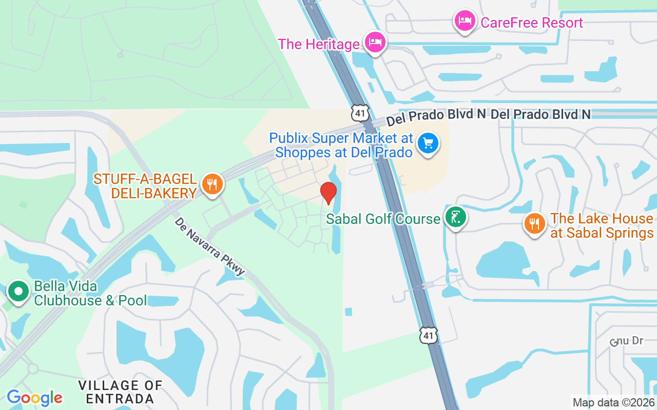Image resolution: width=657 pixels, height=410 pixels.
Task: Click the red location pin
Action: pyautogui.click(x=328, y=193)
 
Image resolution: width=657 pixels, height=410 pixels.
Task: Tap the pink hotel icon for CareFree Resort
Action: pyautogui.click(x=465, y=21)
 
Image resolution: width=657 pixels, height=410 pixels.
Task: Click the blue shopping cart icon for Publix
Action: pyautogui.click(x=428, y=143)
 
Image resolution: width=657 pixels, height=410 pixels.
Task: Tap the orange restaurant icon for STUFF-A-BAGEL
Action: pyautogui.click(x=211, y=183)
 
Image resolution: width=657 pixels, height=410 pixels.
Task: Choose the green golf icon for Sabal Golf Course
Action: pyautogui.click(x=455, y=217)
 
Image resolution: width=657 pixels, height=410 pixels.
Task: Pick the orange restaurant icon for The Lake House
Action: pyautogui.click(x=535, y=223)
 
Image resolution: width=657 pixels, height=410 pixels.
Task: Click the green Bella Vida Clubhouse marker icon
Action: pyautogui.click(x=19, y=292)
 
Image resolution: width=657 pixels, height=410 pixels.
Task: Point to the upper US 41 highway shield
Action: pyautogui.click(x=360, y=113)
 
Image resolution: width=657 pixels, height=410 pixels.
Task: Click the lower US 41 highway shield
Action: pyautogui.click(x=428, y=335)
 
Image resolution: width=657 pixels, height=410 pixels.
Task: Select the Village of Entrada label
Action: pyautogui.click(x=121, y=392)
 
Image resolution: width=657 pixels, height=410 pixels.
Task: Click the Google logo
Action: pyautogui.click(x=34, y=398)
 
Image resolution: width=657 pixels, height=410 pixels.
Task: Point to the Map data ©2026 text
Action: pyautogui.click(x=613, y=402)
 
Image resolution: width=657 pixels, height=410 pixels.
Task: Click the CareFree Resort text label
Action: pyautogui.click(x=532, y=23)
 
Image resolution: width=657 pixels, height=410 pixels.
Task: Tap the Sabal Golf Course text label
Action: pyautogui.click(x=383, y=219)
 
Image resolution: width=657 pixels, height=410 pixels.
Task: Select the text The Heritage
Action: pyautogui.click(x=319, y=44)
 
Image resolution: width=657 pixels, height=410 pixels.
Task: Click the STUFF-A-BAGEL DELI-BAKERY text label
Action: pyautogui.click(x=145, y=186)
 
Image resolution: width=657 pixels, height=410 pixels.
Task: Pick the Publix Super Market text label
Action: pyautogui.click(x=341, y=145)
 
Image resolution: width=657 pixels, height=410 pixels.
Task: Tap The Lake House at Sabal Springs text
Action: pyautogui.click(x=602, y=225)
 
